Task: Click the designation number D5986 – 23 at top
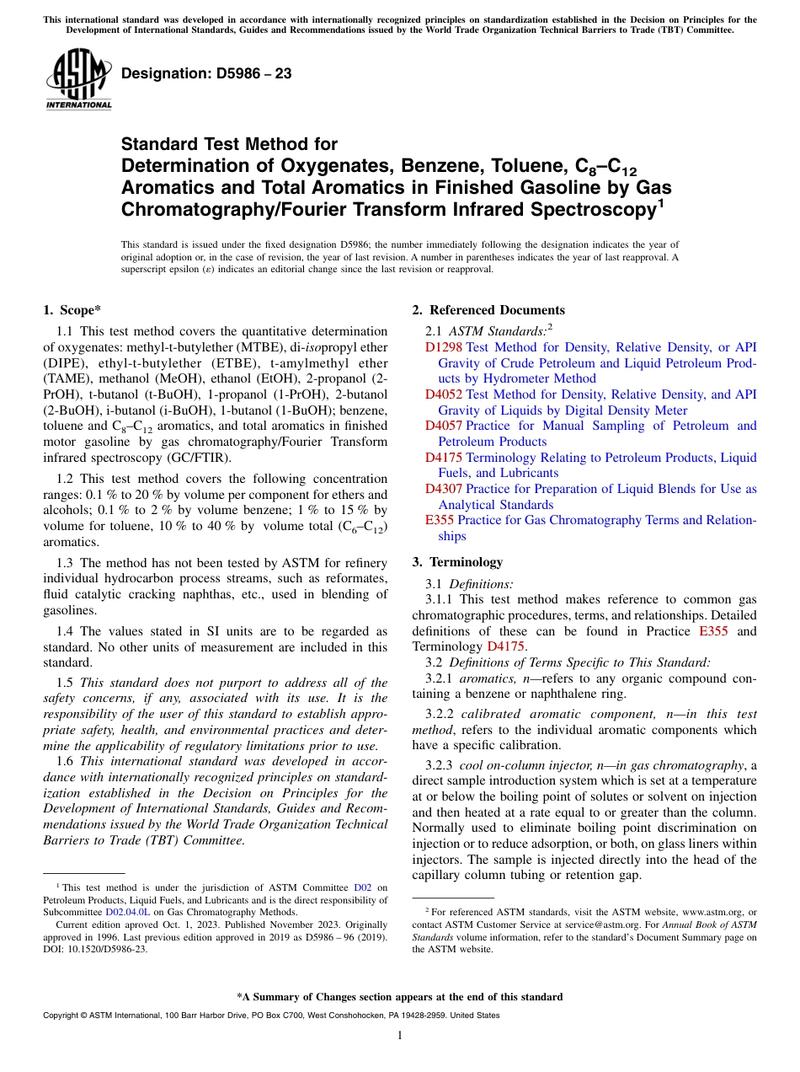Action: pos(206,73)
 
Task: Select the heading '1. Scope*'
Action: pos(72,310)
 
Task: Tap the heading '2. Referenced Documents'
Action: pos(488,310)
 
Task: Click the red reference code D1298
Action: pos(443,347)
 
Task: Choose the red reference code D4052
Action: pos(443,394)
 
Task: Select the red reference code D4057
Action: pos(443,426)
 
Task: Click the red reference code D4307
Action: pos(443,489)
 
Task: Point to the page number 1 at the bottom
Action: pos(400,1036)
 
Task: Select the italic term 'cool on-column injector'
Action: pos(523,765)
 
